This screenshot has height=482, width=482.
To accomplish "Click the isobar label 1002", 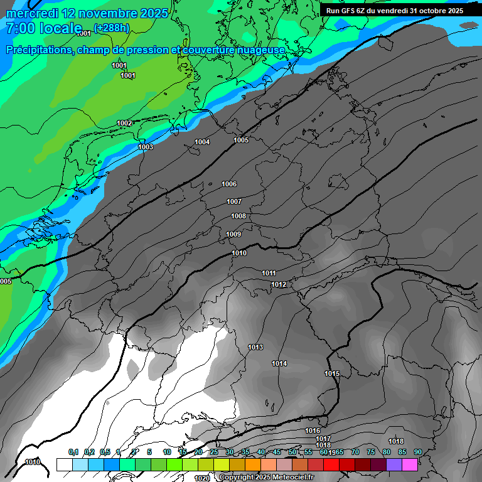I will pyautogui.click(x=124, y=123).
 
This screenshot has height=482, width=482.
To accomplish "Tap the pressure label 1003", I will pyautogui.click(x=146, y=147).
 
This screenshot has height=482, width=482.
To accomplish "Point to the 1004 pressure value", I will pyautogui.click(x=202, y=142).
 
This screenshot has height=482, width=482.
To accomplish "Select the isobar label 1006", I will pyautogui.click(x=229, y=184).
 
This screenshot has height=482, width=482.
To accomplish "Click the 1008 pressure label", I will pyautogui.click(x=238, y=216).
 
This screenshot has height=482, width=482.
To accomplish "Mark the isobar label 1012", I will pyautogui.click(x=279, y=285).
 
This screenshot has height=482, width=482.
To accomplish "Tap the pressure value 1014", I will pyautogui.click(x=279, y=363).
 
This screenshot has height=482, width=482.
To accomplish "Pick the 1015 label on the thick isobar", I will pyautogui.click(x=332, y=373).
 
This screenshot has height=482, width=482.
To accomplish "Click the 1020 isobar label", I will pyautogui.click(x=202, y=478).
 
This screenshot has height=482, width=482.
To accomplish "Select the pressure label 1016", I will pyautogui.click(x=313, y=431).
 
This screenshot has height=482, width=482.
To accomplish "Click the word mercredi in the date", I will pyautogui.click(x=33, y=13).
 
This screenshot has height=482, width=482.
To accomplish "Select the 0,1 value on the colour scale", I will pyautogui.click(x=73, y=452).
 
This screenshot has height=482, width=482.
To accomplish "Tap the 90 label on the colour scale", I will pyautogui.click(x=417, y=452).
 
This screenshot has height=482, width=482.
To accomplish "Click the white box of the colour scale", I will pyautogui.click(x=64, y=464).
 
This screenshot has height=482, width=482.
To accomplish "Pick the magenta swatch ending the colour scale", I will pyautogui.click(x=410, y=464).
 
